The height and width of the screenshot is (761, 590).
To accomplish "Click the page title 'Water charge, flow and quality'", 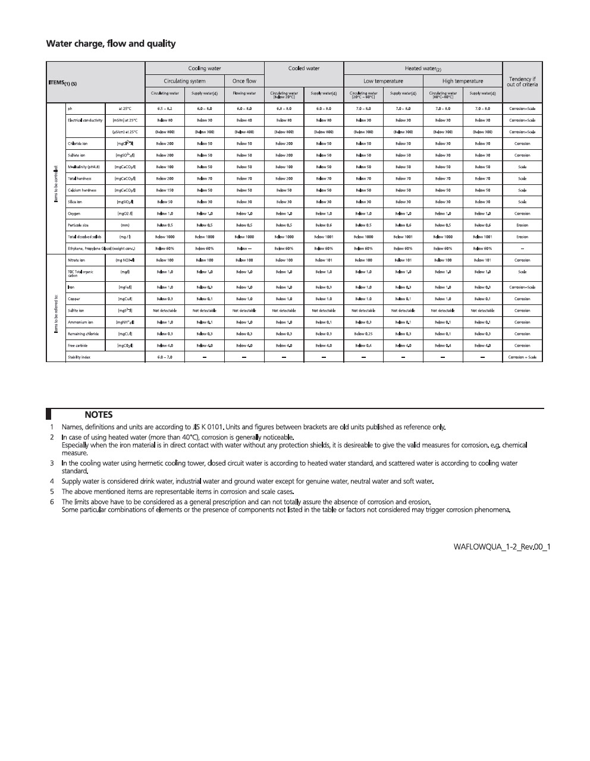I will tap(111, 43).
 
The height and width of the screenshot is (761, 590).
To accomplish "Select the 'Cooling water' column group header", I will tap(204, 68).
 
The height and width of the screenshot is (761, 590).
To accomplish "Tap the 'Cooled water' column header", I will tap(303, 68).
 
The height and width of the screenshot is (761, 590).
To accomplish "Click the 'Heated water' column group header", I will tap(422, 69).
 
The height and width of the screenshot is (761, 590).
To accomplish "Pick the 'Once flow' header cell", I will tap(244, 81).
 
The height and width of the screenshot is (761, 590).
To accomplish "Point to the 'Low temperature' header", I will tap(383, 81).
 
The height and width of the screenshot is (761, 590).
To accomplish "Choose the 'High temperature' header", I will tap(462, 81).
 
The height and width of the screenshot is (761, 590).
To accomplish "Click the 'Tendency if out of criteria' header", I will tap(522, 81).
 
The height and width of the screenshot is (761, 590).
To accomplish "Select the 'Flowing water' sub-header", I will tap(244, 93).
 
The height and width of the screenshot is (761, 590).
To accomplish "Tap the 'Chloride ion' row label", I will tap(78, 144).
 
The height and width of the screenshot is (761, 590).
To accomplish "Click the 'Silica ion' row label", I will tap(75, 202).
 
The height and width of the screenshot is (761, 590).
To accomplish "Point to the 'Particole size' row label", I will tap(77, 225).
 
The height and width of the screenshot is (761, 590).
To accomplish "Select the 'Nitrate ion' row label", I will tap(76, 260).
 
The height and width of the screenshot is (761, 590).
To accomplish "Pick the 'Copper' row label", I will tap(74, 299).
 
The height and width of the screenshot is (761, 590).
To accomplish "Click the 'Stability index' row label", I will tap(79, 357).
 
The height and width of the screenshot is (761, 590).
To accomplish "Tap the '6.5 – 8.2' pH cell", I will tap(165, 109).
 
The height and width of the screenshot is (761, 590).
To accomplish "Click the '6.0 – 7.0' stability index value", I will tap(165, 357).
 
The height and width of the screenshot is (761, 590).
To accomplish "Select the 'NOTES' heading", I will tap(98, 415).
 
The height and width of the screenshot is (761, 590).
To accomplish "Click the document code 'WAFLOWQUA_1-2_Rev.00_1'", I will tap(501, 546).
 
